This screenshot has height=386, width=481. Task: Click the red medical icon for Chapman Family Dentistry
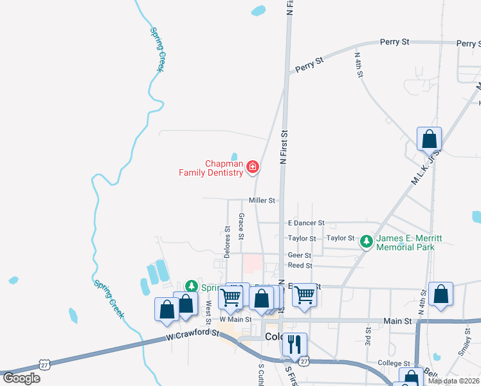pos(252,168)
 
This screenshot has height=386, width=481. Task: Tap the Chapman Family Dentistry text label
pos(224,168)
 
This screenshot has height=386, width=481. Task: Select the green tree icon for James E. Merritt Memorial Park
pos(367,242)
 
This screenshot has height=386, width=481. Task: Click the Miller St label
pos(262,201)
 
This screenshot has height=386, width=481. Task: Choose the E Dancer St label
pos(306,223)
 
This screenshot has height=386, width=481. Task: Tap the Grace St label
pos(241,226)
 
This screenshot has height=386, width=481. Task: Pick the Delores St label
pos(227,241)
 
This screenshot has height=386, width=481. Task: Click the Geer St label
pos(300,255)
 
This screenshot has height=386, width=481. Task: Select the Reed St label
pos(300,265)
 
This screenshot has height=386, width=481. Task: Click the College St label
pos(394,363)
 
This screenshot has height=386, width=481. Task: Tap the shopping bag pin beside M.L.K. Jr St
pos(429,139)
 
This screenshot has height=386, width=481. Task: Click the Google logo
pos(21,378)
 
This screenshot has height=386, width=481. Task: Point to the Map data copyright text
pos(453,381)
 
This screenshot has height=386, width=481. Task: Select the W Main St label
pos(235,318)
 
